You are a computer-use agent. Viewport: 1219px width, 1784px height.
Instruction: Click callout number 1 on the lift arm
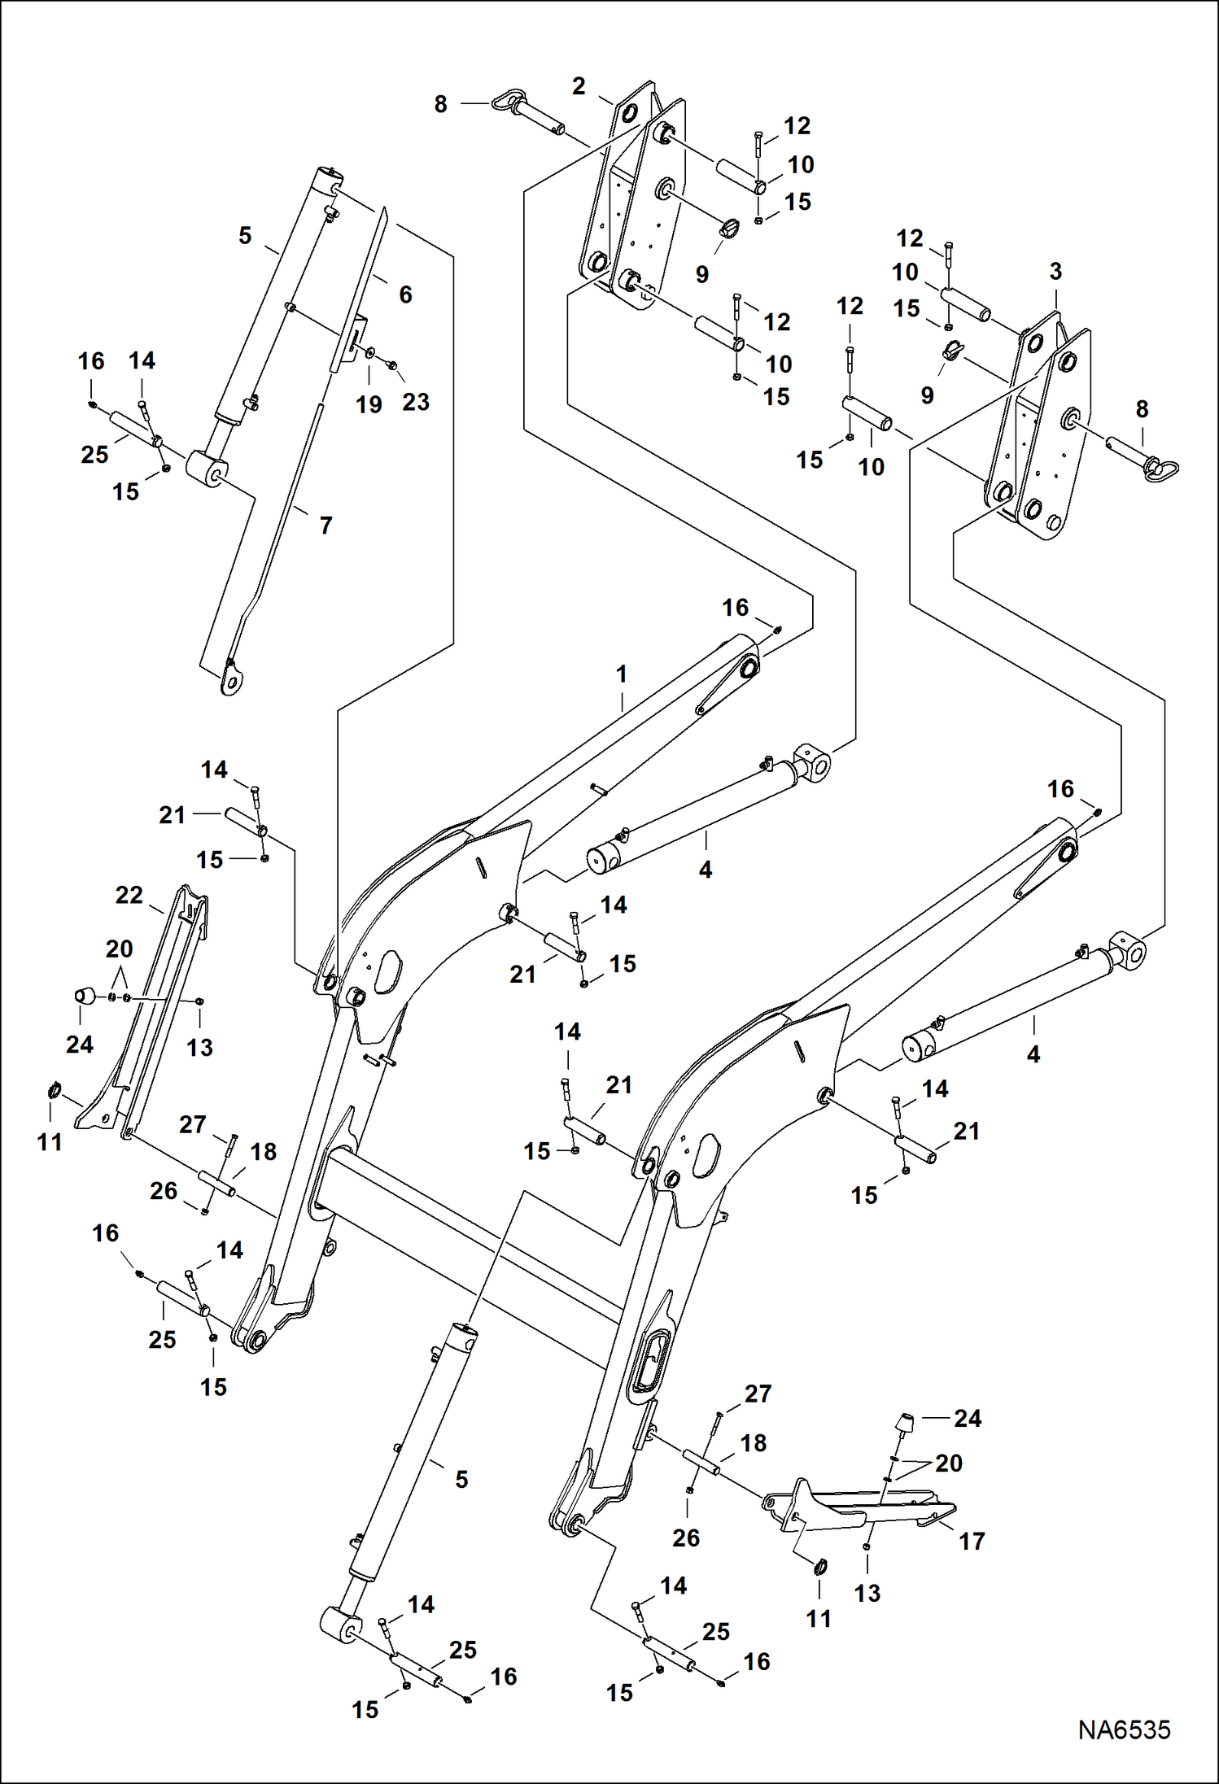point(622,674)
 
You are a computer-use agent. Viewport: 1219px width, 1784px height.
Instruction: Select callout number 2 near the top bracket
point(579,86)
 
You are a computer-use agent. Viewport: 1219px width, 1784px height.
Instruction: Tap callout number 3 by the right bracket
point(1055,272)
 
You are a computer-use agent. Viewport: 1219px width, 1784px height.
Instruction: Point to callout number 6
point(405,294)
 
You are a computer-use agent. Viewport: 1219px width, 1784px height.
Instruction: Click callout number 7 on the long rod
point(326,526)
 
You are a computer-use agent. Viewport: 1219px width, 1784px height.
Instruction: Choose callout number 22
point(129,896)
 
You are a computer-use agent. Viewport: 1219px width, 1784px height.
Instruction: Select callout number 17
point(972,1541)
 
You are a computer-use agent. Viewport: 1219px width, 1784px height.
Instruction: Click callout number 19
point(369,404)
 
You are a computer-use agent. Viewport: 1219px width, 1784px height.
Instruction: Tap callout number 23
point(416,402)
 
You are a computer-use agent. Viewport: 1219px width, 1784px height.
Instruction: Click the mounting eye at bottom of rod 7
point(232,680)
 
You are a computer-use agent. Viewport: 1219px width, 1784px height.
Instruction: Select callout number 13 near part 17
point(867,1594)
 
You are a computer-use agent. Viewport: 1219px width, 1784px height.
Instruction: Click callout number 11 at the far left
point(50,1143)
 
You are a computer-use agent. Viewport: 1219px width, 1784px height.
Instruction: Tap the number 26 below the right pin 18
point(686,1538)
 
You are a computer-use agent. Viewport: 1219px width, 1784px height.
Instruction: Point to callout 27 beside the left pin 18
point(193,1124)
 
